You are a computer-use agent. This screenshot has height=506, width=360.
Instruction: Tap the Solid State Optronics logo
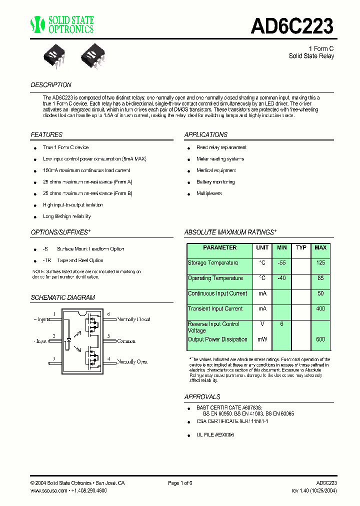[62, 24]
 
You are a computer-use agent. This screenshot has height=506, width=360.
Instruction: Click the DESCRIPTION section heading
[51, 85]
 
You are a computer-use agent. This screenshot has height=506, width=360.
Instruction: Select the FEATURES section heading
[46, 135]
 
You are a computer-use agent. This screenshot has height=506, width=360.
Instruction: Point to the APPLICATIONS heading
[206, 135]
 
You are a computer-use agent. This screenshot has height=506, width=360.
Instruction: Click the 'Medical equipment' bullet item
[216, 170]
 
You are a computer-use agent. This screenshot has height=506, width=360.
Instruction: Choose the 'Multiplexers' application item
[209, 193]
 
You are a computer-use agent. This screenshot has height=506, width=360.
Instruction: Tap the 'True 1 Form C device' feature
[65, 147]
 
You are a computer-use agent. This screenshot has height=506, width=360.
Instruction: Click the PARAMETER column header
[220, 248]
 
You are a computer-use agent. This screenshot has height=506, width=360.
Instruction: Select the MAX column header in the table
[320, 248]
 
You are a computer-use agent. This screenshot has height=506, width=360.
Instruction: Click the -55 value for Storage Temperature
[281, 263]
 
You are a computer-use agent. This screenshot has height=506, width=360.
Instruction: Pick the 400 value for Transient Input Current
[320, 309]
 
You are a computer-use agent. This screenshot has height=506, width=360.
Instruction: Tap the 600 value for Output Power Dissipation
[320, 339]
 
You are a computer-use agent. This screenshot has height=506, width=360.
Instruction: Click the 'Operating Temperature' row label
[215, 278]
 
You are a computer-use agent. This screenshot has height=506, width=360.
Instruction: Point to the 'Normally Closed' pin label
[133, 319]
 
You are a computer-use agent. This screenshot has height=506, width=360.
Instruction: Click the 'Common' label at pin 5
[126, 341]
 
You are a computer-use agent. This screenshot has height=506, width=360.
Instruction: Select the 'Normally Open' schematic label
[132, 361]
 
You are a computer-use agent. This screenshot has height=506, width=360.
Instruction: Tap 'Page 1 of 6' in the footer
[180, 483]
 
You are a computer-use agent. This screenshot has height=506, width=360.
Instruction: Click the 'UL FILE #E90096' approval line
[215, 435]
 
